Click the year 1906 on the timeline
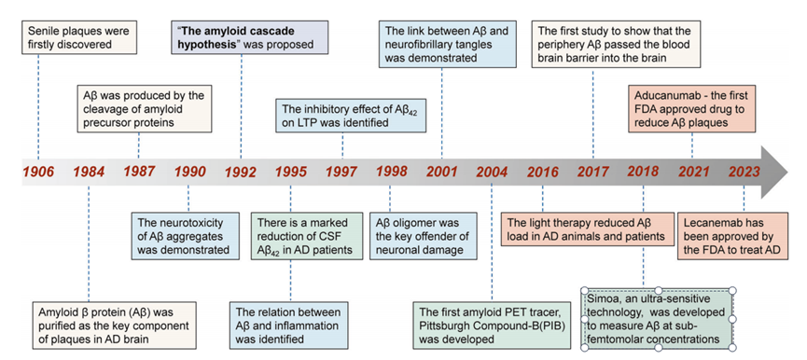tap(37, 171)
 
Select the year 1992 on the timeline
tap(241, 172)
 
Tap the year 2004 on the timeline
tap(492, 172)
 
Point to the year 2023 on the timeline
tap(744, 172)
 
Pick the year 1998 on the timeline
tap(392, 172)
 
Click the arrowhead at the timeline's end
tap(774, 172)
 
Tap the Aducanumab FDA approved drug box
tap(691, 109)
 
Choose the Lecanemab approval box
tap(732, 236)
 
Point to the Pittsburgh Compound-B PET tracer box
tap(492, 325)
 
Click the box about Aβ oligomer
tap(424, 236)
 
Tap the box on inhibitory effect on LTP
tap(351, 117)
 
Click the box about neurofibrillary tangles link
tap(448, 45)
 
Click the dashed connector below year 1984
tap(89, 242)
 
